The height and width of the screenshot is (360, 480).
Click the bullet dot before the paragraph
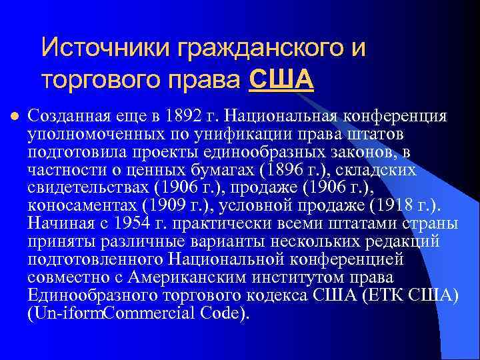pos(13,115)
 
